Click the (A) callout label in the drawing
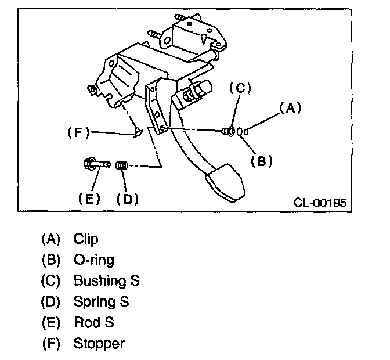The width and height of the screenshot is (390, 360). coord(291,107)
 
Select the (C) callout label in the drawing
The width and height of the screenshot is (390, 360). coord(239,88)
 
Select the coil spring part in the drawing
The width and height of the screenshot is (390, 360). coord(122,166)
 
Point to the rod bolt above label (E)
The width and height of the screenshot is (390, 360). coord(95,163)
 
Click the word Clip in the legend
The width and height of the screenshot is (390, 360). coord(86,239)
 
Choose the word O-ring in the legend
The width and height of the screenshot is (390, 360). coord(94,260)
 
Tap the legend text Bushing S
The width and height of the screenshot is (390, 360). coord(106,280)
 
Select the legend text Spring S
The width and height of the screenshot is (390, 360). coord(101,302)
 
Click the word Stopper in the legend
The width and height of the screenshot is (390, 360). coord(99,343)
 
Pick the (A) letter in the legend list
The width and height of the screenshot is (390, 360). coord(50,239)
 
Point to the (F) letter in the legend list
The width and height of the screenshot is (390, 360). coord(50,343)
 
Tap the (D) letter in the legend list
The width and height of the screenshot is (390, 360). coord(50,302)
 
